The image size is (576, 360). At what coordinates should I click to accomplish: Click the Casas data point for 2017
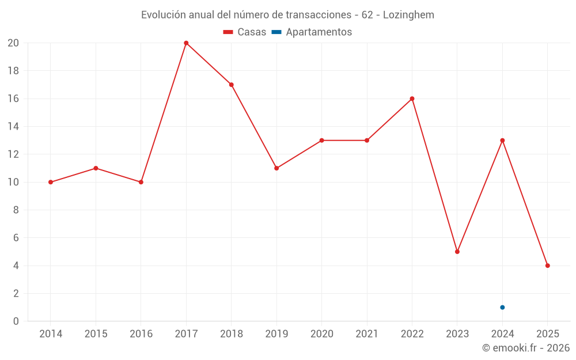pos(186,43)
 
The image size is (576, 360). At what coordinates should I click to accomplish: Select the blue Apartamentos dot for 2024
pos(502,307)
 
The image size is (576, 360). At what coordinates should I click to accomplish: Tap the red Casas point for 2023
pos(457,252)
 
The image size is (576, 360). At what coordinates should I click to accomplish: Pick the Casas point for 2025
pos(547,266)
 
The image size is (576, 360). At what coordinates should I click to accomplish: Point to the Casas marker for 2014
pos(51,182)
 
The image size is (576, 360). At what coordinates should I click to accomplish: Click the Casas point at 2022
pos(412,98)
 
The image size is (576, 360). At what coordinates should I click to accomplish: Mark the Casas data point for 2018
pos(231,85)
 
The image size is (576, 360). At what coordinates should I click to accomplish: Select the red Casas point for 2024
pos(502,141)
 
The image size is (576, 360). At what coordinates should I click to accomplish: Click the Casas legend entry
pos(245,32)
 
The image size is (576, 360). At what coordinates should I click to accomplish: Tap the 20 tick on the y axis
pos(13,43)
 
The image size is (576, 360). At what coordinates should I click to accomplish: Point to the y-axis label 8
pos(16,210)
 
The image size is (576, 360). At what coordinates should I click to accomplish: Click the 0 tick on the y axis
pos(16,321)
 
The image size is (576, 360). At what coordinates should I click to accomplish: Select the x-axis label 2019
pos(276,334)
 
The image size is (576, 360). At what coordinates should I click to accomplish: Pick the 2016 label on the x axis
pos(141,334)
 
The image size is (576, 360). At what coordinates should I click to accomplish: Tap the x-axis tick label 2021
pos(367,334)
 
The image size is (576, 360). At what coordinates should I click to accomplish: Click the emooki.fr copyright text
pos(526,348)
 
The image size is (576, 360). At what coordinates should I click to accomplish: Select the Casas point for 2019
pos(276,168)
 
